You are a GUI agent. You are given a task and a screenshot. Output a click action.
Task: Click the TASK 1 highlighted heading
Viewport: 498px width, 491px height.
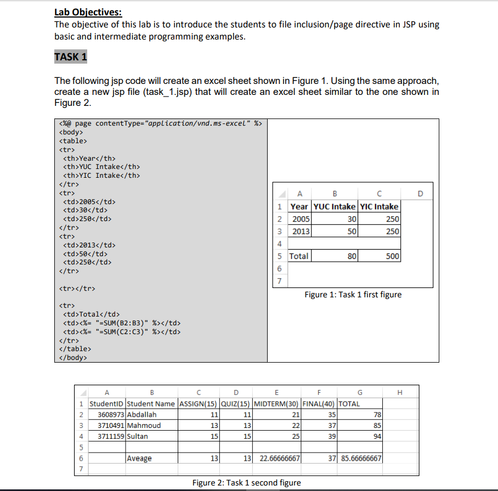(x=71, y=57)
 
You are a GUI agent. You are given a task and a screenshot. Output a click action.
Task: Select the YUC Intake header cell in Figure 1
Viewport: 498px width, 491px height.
(x=334, y=206)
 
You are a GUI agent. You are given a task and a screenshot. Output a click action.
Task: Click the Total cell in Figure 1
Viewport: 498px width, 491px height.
(x=299, y=256)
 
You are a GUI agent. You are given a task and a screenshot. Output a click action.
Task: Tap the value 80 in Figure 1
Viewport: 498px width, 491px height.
(x=352, y=256)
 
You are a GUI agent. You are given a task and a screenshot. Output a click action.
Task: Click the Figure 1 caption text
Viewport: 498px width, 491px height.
(x=353, y=295)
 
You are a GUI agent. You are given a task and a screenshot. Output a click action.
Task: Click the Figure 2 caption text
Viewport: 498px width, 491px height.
(x=246, y=483)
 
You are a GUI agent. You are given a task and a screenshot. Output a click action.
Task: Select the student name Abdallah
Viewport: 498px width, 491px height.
(x=142, y=414)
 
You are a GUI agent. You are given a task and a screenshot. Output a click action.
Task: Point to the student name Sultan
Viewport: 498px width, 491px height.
(x=138, y=436)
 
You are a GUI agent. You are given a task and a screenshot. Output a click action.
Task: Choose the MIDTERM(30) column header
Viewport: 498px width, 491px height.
(x=277, y=404)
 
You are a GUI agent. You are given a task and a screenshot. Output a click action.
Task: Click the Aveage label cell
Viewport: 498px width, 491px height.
(x=139, y=458)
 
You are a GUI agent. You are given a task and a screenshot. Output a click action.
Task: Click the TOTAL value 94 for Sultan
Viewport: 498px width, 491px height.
(x=377, y=436)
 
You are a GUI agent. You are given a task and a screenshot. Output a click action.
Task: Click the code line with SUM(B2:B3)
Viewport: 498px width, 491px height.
(x=122, y=323)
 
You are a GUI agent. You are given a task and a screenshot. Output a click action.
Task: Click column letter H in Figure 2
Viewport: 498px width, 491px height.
(x=399, y=392)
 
